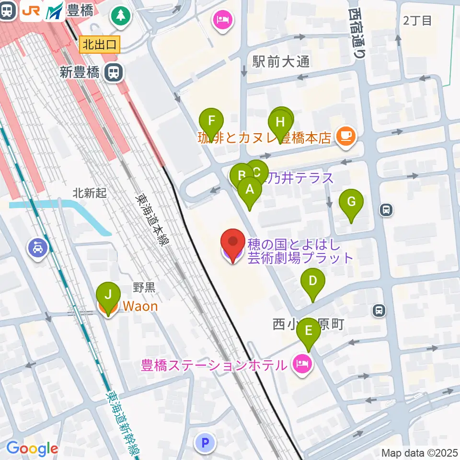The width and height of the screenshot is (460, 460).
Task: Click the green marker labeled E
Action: [309, 332]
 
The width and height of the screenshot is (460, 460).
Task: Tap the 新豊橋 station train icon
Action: [114, 73]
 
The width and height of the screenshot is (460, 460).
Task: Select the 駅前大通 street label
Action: [281, 61]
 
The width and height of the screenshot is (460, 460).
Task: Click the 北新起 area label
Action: [90, 193]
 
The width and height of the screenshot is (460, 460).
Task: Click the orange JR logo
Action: [31, 11]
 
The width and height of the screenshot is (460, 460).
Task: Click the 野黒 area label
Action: [144, 287]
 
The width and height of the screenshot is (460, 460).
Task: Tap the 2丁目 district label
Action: [417, 21]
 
